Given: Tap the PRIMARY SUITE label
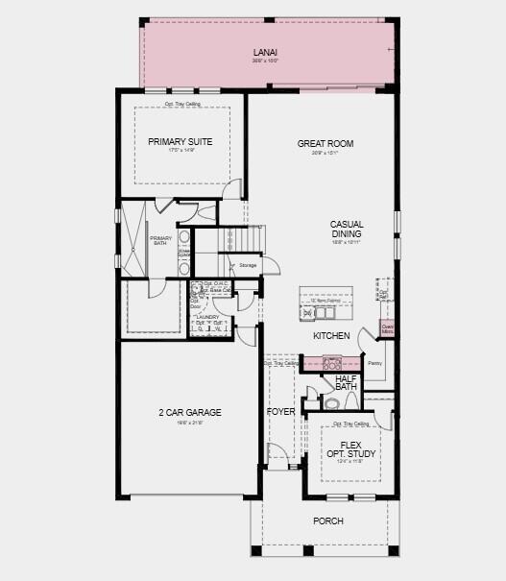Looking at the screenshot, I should pos(181,141).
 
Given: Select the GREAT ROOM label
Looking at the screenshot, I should pos(325,144).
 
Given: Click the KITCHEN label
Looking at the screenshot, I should pos(330,336).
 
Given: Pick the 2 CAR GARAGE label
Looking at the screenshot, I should pos(190,413).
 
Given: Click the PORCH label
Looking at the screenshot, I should pos(327,521).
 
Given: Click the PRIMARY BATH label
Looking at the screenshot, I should pos(160,241).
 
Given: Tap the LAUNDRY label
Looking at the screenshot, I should pos(207,317).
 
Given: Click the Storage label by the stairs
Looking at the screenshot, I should pos(248,264).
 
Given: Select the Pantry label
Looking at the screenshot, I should pos(374,364).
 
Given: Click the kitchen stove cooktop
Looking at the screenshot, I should pos(332,363).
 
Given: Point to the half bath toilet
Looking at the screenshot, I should pos(331,404).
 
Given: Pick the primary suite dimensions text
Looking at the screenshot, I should pos(181,151).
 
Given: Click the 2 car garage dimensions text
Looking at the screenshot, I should pos(190,423).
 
